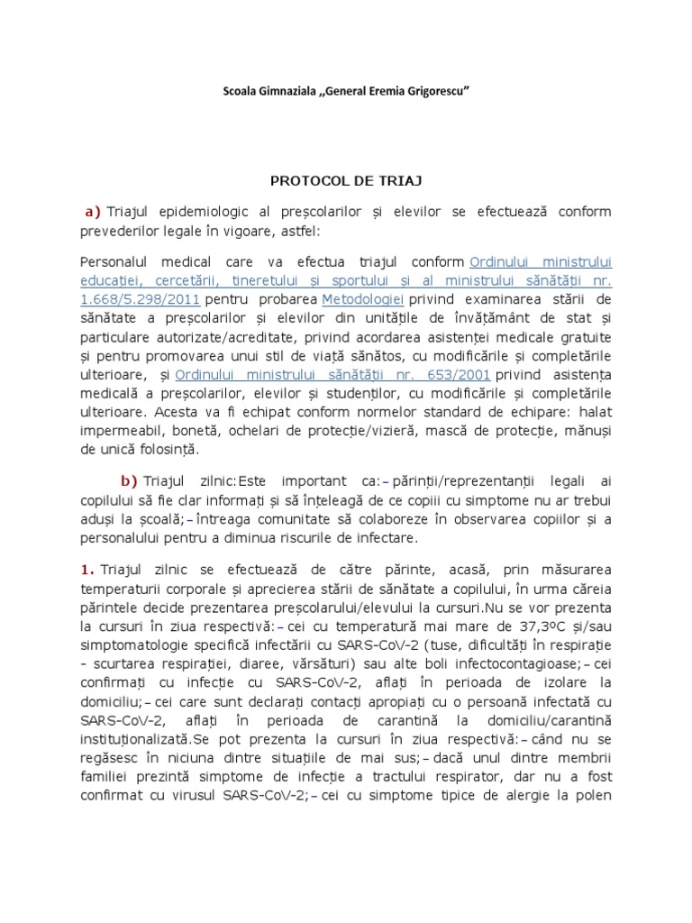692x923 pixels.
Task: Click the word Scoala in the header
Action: (240, 93)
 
